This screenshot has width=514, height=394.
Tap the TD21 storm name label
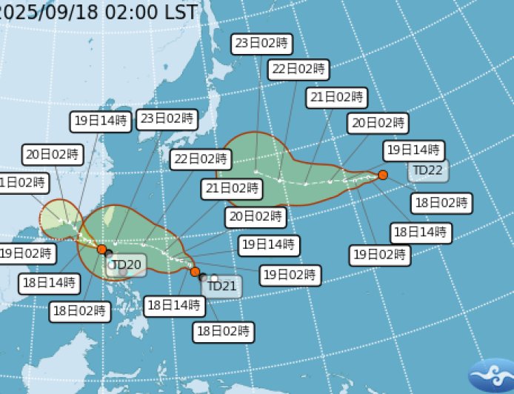click(221, 285)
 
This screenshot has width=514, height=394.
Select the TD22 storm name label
click(427, 170)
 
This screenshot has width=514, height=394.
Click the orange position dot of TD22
click(383, 175)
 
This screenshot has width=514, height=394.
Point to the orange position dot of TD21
click(195, 272)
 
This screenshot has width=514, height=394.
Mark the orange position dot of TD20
click(101, 250)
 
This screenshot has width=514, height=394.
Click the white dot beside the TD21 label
click(214, 278)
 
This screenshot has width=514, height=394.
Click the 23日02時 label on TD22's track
click(261, 44)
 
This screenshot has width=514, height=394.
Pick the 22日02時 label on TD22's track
click(297, 70)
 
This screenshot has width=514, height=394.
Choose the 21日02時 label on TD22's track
click(336, 97)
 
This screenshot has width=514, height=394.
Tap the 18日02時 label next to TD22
click(441, 202)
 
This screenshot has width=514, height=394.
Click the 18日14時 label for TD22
click(421, 233)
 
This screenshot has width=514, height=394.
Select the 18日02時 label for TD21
click(223, 331)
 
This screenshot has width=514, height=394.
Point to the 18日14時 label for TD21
click(173, 304)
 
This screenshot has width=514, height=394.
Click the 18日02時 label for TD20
click(80, 311)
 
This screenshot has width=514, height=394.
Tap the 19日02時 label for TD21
click(290, 275)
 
